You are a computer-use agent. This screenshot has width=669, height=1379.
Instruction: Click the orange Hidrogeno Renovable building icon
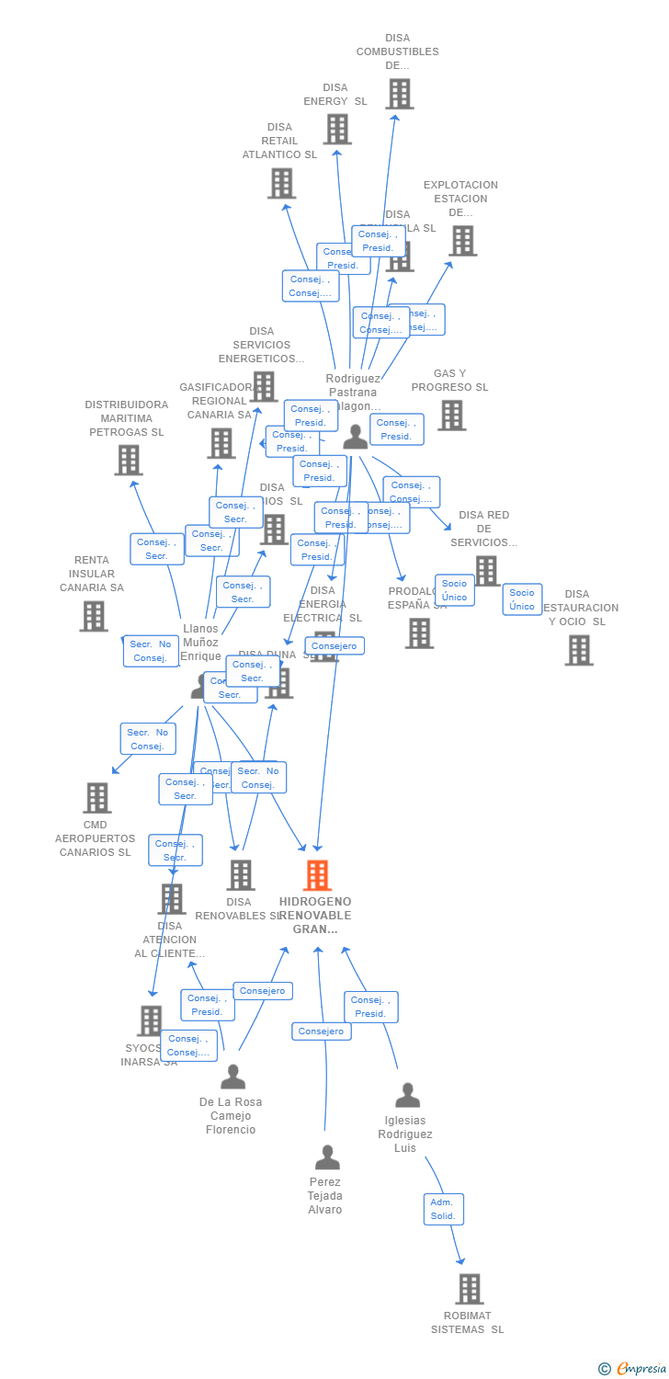coord(317,875)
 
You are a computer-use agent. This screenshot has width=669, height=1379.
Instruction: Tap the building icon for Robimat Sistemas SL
coord(469,1289)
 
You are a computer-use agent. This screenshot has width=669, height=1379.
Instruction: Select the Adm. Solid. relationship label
coord(443,1209)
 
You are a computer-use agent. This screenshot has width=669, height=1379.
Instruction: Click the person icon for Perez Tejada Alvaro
coord(327,1157)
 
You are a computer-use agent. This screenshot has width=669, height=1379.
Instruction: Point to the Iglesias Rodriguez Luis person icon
coord(407,1095)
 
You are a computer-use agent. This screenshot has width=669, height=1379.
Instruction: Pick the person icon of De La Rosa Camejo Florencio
coord(233,1077)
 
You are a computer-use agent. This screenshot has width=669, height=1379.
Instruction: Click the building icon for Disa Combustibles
coord(399,94)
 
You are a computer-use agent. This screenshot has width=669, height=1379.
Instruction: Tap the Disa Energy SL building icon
coord(337,130)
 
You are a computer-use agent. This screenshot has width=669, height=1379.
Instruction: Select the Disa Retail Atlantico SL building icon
coord(281,183)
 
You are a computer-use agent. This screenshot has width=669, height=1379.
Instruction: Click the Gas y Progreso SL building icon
coord(451,416)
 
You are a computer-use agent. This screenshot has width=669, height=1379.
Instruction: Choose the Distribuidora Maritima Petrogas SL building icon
coord(129,460)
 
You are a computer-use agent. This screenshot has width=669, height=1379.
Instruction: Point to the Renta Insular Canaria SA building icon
coord(94,616)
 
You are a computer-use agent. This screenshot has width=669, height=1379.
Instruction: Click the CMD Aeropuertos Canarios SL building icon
coord(96,798)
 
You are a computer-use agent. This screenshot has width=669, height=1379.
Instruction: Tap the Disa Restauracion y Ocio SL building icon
coord(579,650)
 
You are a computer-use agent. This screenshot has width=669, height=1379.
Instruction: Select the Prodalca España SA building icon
coord(419,633)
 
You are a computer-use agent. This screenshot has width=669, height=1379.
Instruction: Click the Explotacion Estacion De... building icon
coord(462,241)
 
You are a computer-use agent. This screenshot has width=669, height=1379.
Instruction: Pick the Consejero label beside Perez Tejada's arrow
coord(322,1031)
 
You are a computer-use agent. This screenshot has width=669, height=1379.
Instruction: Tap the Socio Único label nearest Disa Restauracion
coord(522,599)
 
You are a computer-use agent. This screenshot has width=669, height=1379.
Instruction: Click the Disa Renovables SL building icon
coord(241,875)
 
